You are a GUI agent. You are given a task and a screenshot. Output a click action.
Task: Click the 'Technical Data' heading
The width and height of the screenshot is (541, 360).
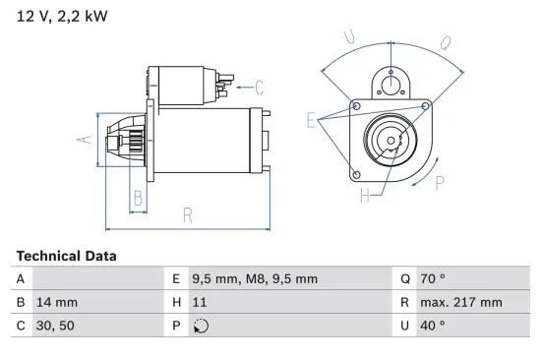(66, 256)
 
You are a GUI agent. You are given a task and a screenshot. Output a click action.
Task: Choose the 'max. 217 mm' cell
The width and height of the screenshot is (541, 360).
(463, 302)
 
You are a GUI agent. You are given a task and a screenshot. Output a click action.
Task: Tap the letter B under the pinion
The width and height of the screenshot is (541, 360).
(139, 200)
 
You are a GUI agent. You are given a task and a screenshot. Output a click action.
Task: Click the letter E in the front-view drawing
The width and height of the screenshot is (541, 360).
(312, 122)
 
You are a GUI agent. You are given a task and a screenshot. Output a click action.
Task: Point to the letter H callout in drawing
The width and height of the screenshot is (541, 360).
(364, 196)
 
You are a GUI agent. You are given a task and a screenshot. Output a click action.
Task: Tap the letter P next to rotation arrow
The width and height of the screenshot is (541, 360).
(439, 182)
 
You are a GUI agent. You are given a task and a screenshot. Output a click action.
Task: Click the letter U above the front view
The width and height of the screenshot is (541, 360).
(348, 36)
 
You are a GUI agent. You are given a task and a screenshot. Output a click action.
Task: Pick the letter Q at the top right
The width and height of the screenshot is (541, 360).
(445, 42)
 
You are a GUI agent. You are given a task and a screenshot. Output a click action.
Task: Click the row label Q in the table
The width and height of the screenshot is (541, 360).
(405, 278)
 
